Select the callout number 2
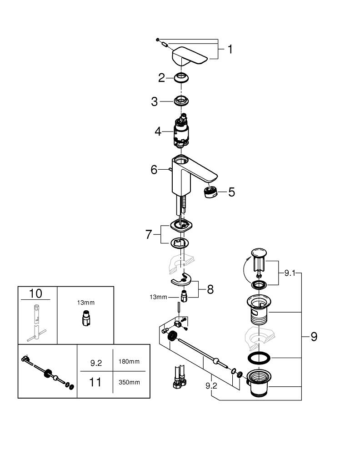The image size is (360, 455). click(x=161, y=78)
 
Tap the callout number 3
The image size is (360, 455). click(x=155, y=101)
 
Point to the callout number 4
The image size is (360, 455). click(x=158, y=131)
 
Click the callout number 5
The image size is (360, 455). click(x=231, y=192)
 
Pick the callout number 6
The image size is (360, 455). click(x=154, y=170)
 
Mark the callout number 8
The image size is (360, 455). click(x=210, y=289)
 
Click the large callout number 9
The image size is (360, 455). click(x=314, y=337)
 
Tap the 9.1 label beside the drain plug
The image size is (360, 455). click(x=290, y=273)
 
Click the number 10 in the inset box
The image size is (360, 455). click(x=35, y=293)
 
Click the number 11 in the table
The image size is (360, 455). click(x=95, y=382)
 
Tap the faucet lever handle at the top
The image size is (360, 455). click(x=189, y=56)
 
